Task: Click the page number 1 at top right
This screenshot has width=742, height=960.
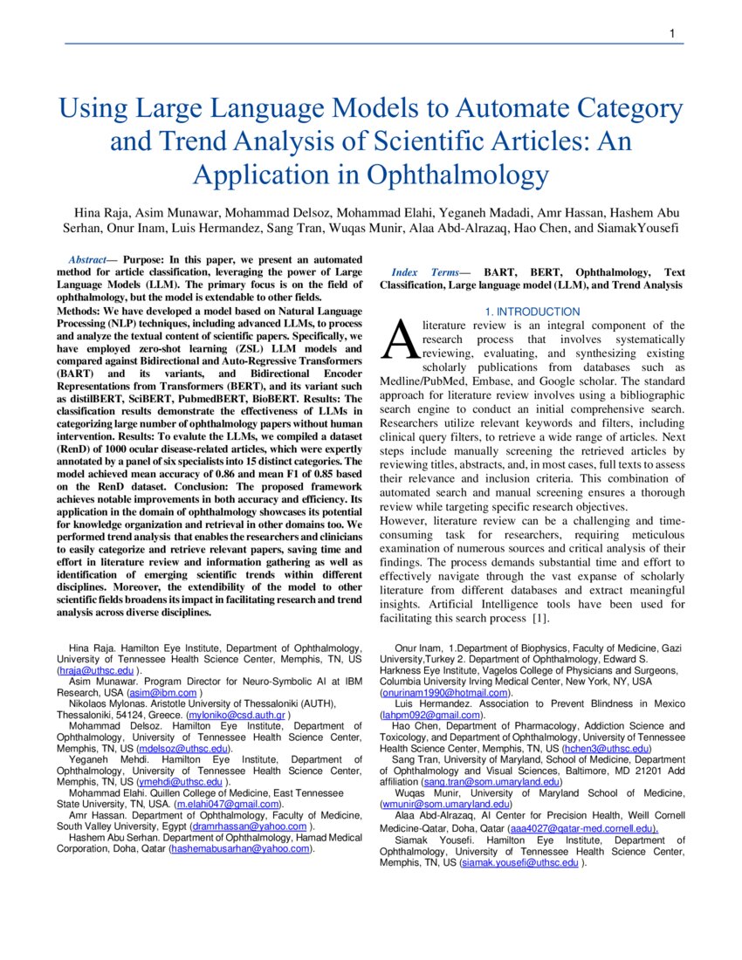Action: pyautogui.click(x=672, y=34)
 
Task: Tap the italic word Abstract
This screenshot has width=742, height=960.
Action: pyautogui.click(x=88, y=260)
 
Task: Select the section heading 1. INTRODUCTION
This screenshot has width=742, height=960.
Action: pyautogui.click(x=532, y=312)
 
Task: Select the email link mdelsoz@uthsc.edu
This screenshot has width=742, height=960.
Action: pyautogui.click(x=183, y=748)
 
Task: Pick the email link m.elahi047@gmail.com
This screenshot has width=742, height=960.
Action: pyautogui.click(x=230, y=803)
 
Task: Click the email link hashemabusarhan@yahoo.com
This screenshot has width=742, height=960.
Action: pyautogui.click(x=241, y=847)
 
